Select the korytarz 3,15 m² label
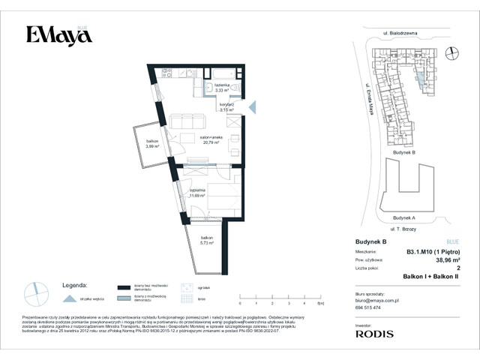click(227, 107)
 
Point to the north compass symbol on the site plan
click(450, 52)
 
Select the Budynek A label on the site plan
click(403, 217)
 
